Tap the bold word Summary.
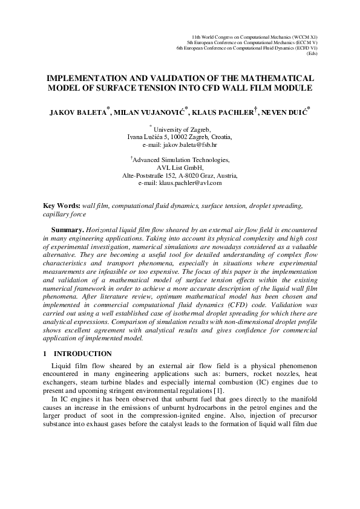pos(67,231)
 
